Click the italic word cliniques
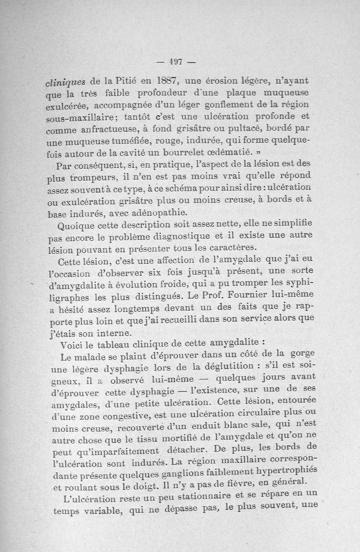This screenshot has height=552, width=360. (65, 82)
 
